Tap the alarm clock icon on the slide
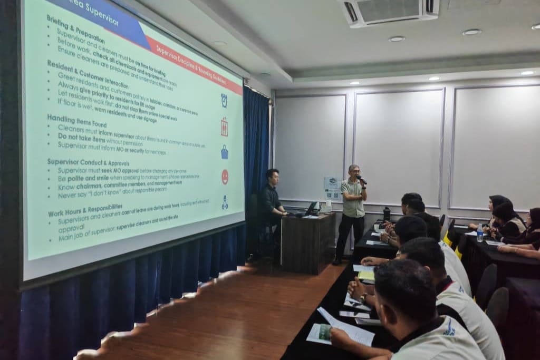pyautogui.click(x=224, y=100)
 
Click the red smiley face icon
pyautogui.click(x=225, y=177)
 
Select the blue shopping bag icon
pyautogui.click(x=225, y=152)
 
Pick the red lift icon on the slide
pyautogui.click(x=224, y=127)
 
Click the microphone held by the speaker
pyautogui.click(x=360, y=179)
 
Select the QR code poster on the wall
pyautogui.click(x=331, y=188)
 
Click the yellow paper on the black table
pyautogui.click(x=366, y=275)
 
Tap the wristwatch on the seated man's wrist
pyautogui.click(x=363, y=298)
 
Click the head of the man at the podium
pyautogui.click(x=272, y=176)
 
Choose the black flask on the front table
pyautogui.click(x=387, y=213)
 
